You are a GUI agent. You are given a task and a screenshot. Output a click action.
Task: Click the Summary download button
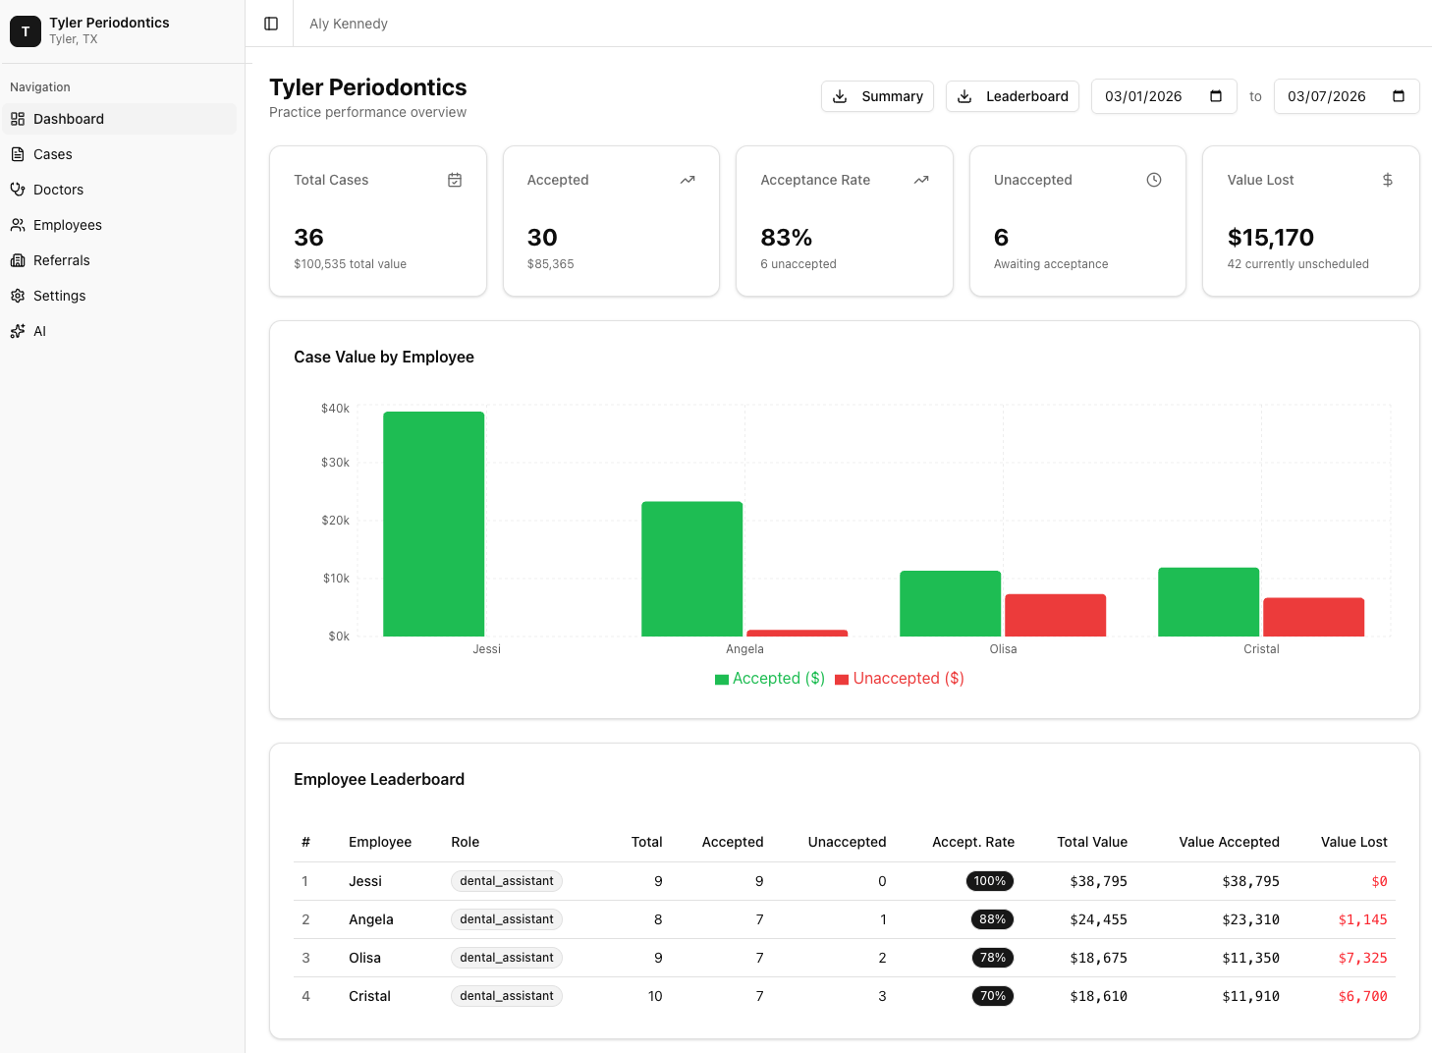click(x=877, y=96)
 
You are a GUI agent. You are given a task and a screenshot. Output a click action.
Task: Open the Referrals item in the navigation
click(x=61, y=260)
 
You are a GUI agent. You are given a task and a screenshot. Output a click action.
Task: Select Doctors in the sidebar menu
click(x=58, y=190)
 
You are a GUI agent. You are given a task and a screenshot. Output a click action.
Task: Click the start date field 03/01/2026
click(x=1144, y=96)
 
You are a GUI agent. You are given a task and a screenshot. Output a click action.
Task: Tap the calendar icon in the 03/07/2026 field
click(x=1399, y=96)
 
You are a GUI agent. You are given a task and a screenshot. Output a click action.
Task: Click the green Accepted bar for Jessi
click(x=433, y=524)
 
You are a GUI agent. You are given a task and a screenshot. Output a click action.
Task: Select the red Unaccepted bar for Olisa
click(x=1055, y=615)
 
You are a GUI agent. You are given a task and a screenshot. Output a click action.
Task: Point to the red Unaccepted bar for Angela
click(x=797, y=633)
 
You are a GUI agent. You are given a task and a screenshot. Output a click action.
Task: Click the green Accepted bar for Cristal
click(x=1208, y=601)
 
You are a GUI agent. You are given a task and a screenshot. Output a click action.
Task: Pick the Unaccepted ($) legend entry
click(x=899, y=679)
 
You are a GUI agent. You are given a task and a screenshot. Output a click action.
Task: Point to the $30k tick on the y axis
click(x=335, y=463)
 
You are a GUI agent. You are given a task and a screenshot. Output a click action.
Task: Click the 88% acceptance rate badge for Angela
click(x=992, y=919)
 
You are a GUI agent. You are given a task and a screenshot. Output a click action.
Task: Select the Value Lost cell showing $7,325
click(x=1362, y=958)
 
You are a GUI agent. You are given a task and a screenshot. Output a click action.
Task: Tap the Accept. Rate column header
click(x=972, y=842)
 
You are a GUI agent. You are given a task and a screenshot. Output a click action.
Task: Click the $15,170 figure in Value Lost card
click(x=1270, y=238)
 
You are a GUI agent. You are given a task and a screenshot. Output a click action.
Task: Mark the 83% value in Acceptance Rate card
click(x=786, y=238)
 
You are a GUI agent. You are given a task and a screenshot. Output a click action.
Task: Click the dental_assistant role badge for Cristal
click(x=506, y=996)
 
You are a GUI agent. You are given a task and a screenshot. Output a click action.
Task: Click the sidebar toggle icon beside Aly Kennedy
click(x=271, y=24)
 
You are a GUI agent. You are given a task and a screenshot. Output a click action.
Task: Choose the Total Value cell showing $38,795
click(x=1098, y=881)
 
